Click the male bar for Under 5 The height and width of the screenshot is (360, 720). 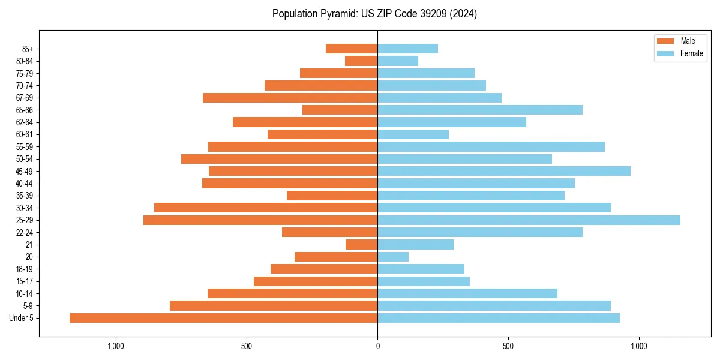pos(223,318)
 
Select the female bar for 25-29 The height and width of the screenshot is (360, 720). pos(529,220)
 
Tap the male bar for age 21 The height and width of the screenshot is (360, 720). pos(361,245)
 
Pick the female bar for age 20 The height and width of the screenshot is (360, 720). pos(393,257)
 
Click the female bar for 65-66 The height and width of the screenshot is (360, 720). pos(480,110)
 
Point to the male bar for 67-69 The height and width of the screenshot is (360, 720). pos(290,98)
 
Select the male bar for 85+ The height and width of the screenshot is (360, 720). pos(352,49)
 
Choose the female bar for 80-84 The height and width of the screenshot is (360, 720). pos(398,61)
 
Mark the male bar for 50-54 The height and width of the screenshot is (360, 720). pos(279,159)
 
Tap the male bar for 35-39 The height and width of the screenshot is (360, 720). pos(332,196)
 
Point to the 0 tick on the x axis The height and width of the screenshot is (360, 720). pos(377,346)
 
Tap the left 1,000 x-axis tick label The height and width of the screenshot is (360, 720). pos(115,346)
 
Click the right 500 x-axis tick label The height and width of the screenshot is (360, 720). pos(508,346)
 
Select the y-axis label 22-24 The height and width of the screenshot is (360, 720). pos(25,233)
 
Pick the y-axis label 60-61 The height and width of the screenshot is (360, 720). pos(25,134)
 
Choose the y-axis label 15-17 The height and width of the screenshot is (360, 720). pos(25,281)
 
